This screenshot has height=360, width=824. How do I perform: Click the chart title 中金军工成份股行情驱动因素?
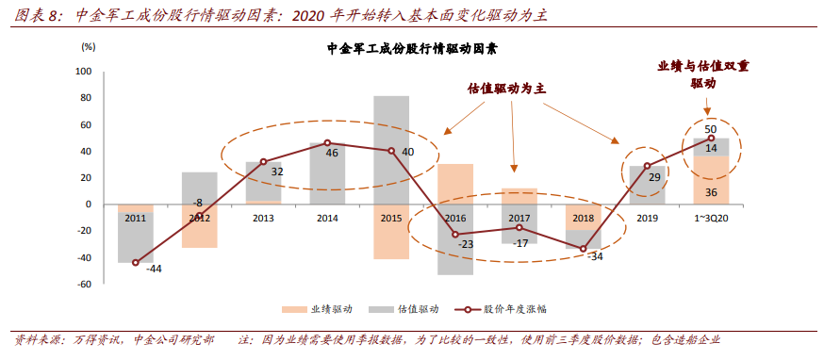411,48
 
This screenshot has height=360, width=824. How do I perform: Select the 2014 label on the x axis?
327,218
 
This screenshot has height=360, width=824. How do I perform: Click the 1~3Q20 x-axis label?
711,218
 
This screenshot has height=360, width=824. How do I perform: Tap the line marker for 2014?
327,143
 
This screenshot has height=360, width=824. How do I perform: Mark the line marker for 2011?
136,263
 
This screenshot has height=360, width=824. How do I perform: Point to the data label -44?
154,269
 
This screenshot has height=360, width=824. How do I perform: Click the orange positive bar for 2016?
455,184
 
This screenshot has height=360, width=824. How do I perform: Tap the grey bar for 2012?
200,188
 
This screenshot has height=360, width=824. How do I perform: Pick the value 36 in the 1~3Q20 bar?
711,192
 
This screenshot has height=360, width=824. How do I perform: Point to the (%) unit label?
89,45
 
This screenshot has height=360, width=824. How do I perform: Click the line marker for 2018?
583,249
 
